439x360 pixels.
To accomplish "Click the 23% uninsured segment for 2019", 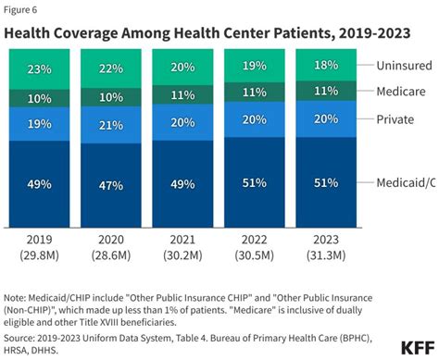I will coord(39,68).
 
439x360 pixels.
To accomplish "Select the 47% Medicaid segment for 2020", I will coord(111,185).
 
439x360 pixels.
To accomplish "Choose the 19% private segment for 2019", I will coord(39,122).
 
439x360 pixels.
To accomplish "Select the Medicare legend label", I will coord(402,92).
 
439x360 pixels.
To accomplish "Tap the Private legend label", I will coord(397,118).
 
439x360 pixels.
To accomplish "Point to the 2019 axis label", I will coord(39,237).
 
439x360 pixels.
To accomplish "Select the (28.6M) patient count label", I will coord(111,254).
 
